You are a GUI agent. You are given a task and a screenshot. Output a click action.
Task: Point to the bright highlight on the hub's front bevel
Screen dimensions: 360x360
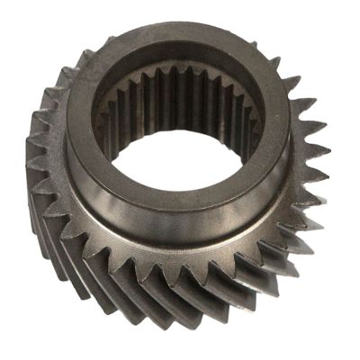point(144,225)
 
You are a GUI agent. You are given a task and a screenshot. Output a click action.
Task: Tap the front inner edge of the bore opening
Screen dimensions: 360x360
point(184,184)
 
